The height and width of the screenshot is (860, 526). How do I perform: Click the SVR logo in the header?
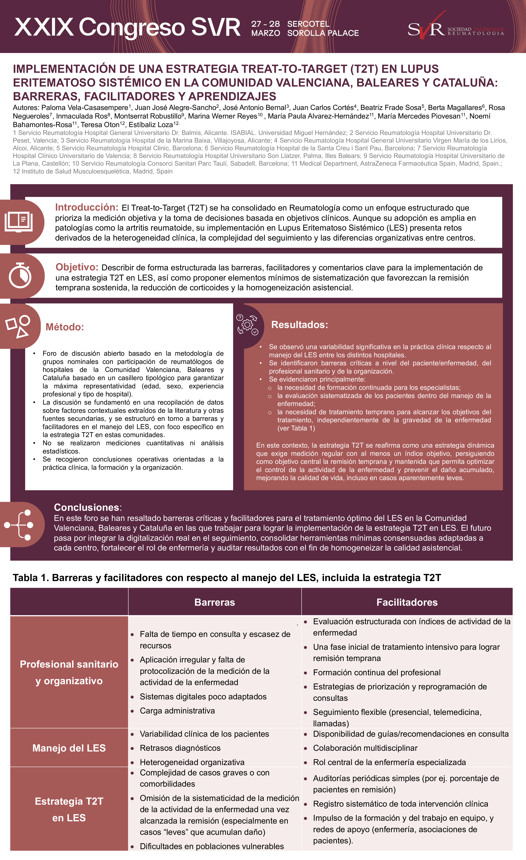[x=426, y=28]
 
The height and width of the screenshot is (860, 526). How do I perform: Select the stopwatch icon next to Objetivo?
[x=20, y=276]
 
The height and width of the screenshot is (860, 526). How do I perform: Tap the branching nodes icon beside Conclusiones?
[x=19, y=525]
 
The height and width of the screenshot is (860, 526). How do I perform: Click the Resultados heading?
[x=299, y=325]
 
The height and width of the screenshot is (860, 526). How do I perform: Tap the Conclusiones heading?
[x=87, y=507]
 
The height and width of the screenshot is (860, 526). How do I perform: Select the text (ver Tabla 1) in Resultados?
[x=296, y=428]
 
